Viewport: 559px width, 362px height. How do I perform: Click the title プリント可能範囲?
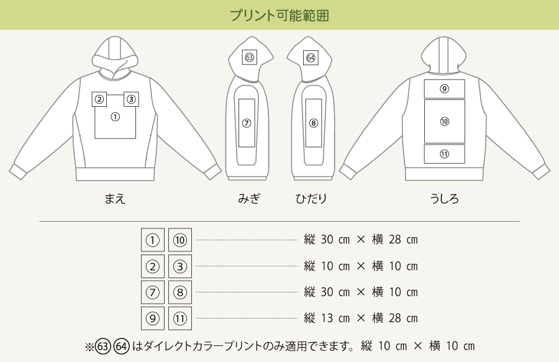click(x=279, y=16)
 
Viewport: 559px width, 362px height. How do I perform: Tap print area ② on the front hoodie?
click(x=99, y=99)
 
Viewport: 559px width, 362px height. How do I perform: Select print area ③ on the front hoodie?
click(x=130, y=99)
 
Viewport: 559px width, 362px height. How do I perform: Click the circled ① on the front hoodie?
click(x=115, y=117)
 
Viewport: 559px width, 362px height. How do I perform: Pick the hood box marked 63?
click(x=249, y=58)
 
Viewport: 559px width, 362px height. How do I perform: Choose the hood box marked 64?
click(x=311, y=58)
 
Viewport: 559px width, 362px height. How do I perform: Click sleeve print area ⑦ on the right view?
click(x=247, y=123)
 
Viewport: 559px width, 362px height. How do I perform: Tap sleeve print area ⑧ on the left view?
click(x=313, y=123)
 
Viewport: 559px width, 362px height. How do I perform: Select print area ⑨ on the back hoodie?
click(x=444, y=89)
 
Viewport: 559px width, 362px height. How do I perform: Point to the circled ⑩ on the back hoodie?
click(x=444, y=122)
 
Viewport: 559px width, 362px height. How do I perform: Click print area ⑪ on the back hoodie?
click(x=444, y=154)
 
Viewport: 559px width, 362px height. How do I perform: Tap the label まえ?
click(x=115, y=199)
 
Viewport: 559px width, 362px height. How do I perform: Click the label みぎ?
click(x=249, y=199)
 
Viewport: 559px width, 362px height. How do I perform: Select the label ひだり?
click(x=311, y=199)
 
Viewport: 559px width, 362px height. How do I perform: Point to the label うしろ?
click(x=444, y=199)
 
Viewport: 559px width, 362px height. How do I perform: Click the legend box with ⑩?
click(x=180, y=240)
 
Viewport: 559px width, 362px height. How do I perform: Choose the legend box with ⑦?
click(x=153, y=292)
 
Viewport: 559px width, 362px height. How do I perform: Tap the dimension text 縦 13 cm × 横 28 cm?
click(x=361, y=319)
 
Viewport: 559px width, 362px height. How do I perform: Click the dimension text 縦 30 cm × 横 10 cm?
click(x=361, y=292)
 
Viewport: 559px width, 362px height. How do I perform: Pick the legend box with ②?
click(x=153, y=266)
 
